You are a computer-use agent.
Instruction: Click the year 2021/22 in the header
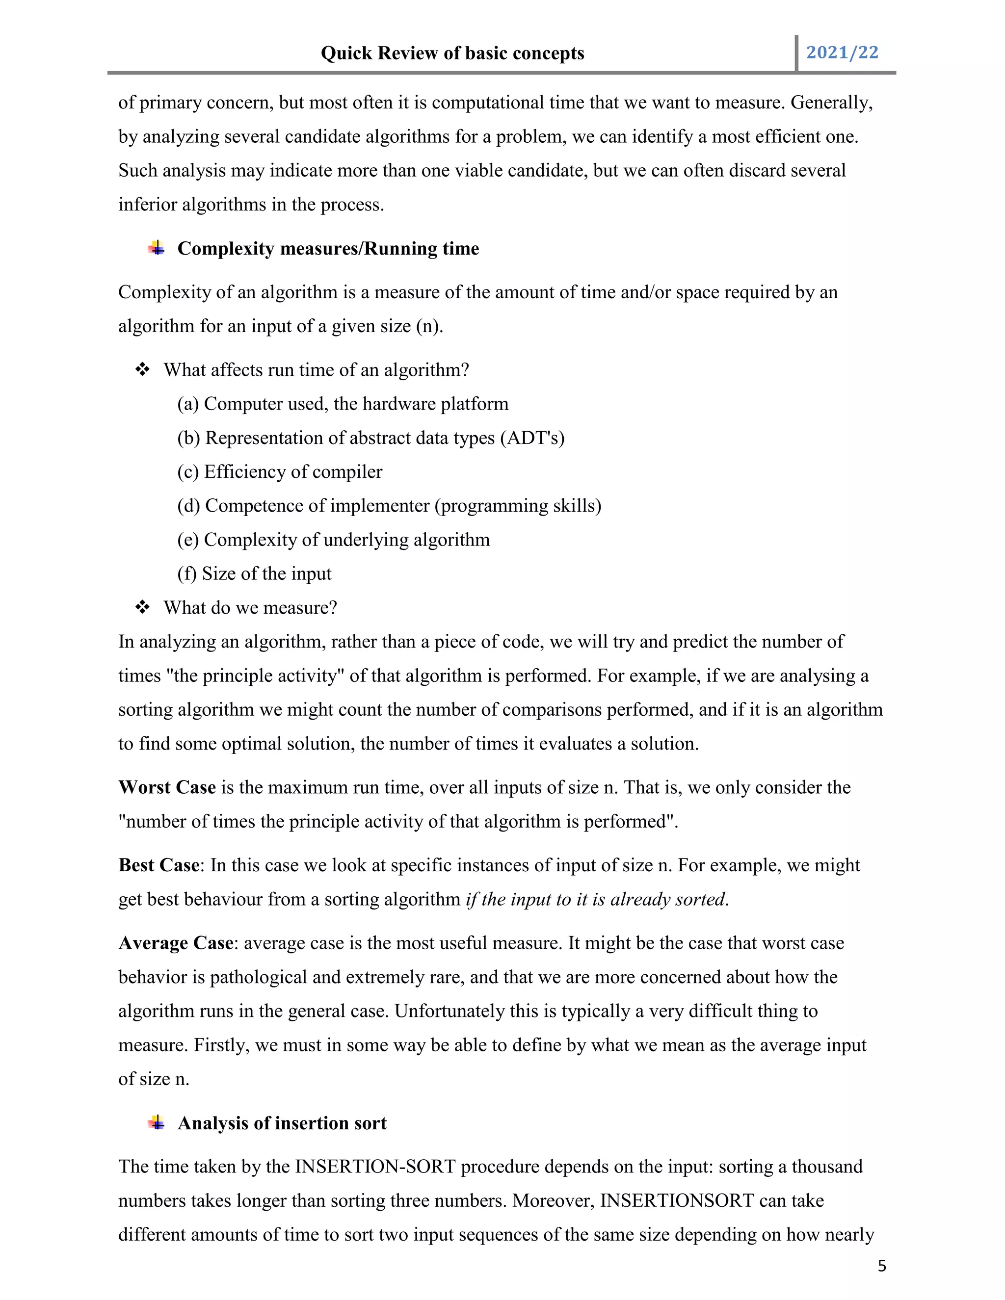(842, 52)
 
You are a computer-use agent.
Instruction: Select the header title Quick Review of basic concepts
(452, 53)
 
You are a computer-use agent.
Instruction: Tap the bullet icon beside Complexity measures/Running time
(157, 248)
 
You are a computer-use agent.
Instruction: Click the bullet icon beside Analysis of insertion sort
(157, 1122)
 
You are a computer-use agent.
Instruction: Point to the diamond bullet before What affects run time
(142, 370)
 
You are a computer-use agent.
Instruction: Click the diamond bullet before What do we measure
(142, 607)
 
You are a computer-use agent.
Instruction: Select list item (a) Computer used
(343, 404)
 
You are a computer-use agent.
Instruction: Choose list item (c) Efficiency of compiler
(280, 471)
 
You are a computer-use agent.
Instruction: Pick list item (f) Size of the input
(254, 573)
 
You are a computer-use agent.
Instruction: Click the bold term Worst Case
(167, 787)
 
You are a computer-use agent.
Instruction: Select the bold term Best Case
(159, 865)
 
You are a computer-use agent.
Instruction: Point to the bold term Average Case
(176, 943)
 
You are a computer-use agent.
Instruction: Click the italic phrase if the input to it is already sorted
(596, 899)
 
